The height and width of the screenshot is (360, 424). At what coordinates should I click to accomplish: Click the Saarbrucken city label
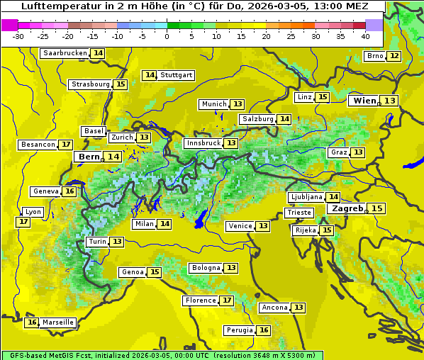click(x=65, y=53)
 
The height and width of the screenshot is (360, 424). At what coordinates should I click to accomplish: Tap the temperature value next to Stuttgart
click(x=150, y=75)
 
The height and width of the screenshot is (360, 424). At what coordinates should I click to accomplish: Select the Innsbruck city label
click(x=203, y=143)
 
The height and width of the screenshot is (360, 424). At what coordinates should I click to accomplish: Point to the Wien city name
click(x=364, y=101)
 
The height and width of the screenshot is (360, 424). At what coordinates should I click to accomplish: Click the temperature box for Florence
click(x=227, y=300)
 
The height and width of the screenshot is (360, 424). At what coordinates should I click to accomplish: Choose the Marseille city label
click(x=57, y=322)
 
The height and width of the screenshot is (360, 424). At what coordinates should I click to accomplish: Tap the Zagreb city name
click(x=347, y=208)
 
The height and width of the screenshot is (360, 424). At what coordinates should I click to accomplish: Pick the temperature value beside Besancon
click(x=66, y=145)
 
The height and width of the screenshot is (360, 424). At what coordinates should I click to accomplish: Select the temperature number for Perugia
click(x=264, y=330)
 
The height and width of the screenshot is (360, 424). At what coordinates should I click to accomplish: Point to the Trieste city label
click(x=299, y=213)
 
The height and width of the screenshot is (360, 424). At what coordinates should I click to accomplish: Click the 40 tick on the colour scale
click(x=365, y=36)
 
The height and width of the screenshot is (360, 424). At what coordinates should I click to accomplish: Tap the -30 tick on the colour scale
click(x=18, y=36)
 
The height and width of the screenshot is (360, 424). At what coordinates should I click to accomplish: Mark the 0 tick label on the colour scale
click(x=167, y=36)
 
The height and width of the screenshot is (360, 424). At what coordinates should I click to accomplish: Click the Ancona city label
click(x=274, y=308)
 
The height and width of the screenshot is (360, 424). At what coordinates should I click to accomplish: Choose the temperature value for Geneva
click(x=69, y=191)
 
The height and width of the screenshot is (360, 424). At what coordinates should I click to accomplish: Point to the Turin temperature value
click(x=117, y=242)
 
